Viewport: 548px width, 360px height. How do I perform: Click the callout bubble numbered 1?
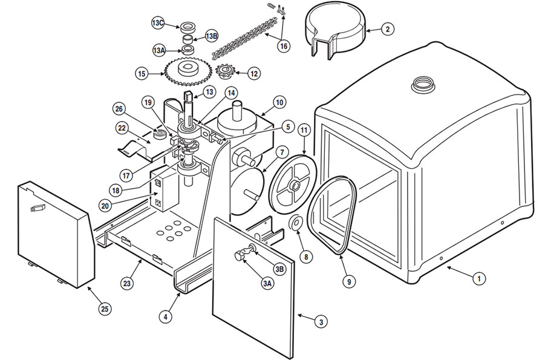click(478, 279)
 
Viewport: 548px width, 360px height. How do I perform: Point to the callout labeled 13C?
click(158, 22)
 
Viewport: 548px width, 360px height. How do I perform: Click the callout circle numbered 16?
click(283, 45)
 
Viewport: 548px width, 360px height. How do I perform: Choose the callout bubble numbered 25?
click(105, 309)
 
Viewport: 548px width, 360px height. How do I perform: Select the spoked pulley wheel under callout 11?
click(293, 185)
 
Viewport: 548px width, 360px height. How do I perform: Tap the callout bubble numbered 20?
click(105, 206)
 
